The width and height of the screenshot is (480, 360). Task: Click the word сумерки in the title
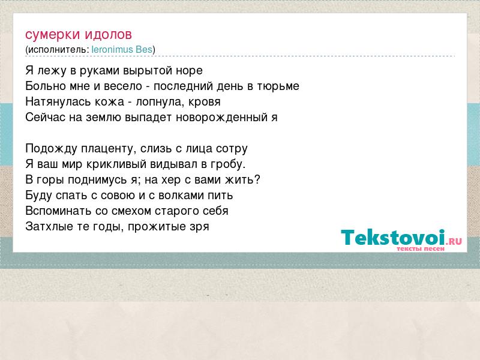click(x=53, y=35)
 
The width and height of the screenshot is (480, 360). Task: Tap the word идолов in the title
click(x=109, y=34)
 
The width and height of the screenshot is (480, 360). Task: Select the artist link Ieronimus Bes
click(x=122, y=49)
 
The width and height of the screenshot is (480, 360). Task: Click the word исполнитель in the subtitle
click(x=57, y=50)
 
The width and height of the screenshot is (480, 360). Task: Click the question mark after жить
click(x=257, y=179)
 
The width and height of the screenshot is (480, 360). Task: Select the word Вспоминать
click(x=58, y=211)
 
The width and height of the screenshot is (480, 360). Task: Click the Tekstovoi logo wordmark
click(x=393, y=237)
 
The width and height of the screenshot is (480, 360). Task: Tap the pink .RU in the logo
click(x=454, y=241)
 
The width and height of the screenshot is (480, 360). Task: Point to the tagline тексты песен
click(x=421, y=249)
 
